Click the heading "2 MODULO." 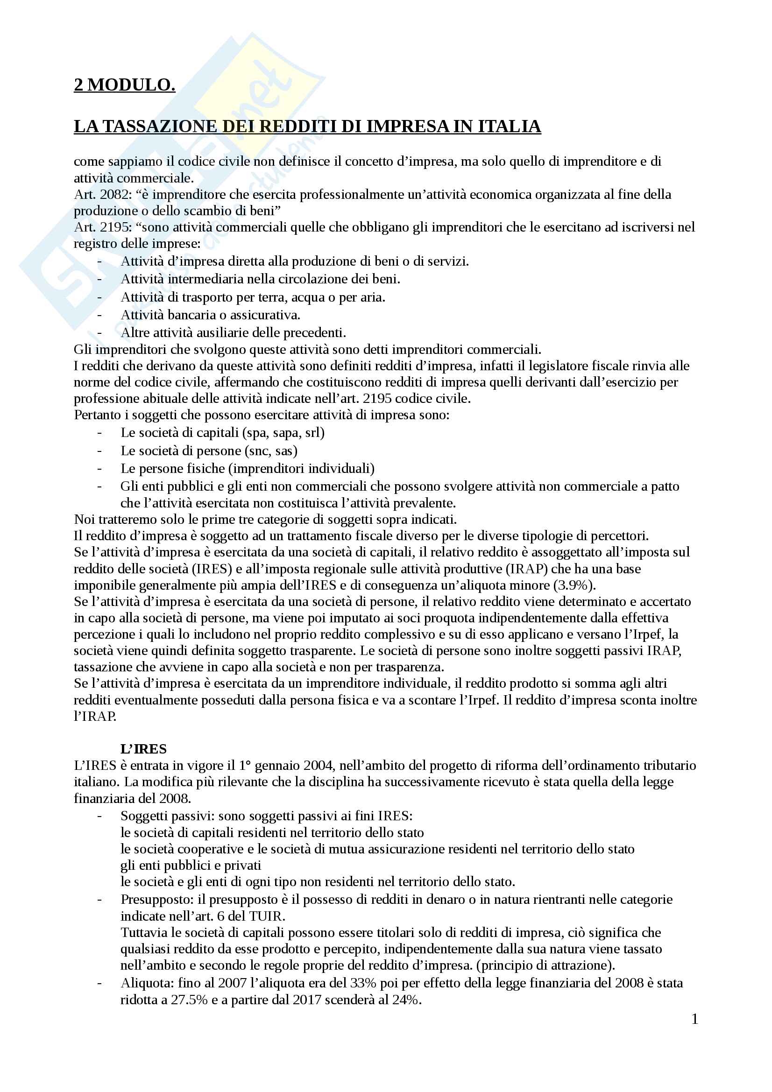[x=124, y=85]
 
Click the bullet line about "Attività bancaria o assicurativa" [x=210, y=315]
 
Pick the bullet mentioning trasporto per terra [x=253, y=297]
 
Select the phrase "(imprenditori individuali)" [x=302, y=468]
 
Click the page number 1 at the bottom [x=694, y=1019]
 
